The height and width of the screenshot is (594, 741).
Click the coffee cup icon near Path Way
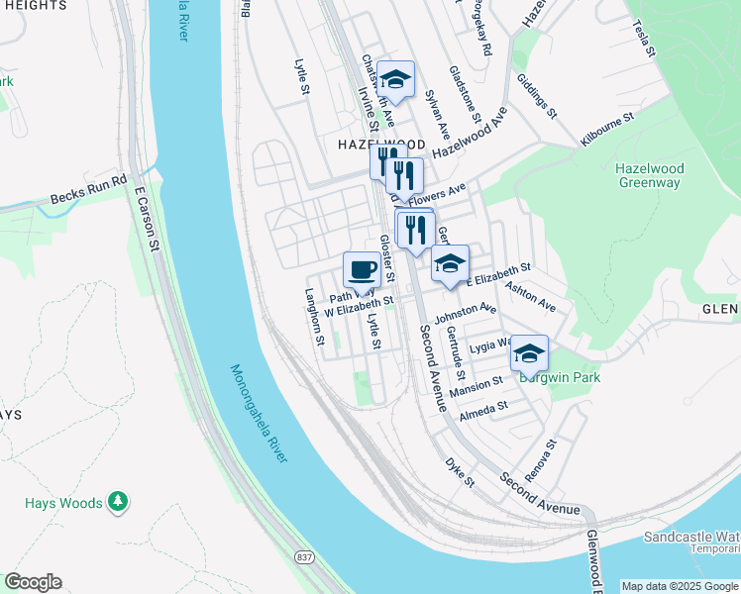pos(362,269)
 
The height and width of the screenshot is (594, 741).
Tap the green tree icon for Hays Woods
pos(118,502)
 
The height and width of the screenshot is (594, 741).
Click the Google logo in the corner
pos(33,582)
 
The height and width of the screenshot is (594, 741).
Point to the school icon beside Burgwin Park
pos(529,352)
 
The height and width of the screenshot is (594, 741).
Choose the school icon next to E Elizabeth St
pos(450,263)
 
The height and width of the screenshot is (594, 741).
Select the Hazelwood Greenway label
pos(649,175)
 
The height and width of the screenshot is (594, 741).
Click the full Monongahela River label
pos(259,414)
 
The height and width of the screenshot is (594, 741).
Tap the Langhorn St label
pos(314,317)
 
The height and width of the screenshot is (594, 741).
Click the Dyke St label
pos(460,472)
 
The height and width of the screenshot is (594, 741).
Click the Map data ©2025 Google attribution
pos(680,586)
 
